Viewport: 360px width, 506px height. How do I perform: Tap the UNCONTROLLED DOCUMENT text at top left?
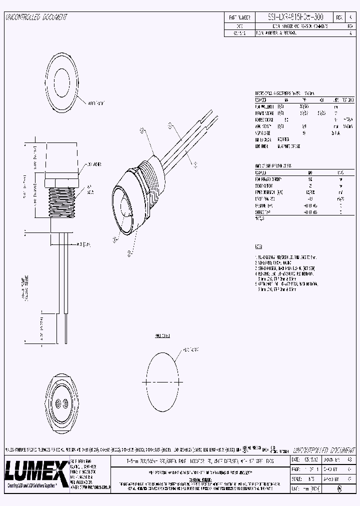coord(36,17)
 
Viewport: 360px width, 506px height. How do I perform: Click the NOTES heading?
coord(258,246)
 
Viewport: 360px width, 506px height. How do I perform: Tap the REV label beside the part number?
coord(339,17)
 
